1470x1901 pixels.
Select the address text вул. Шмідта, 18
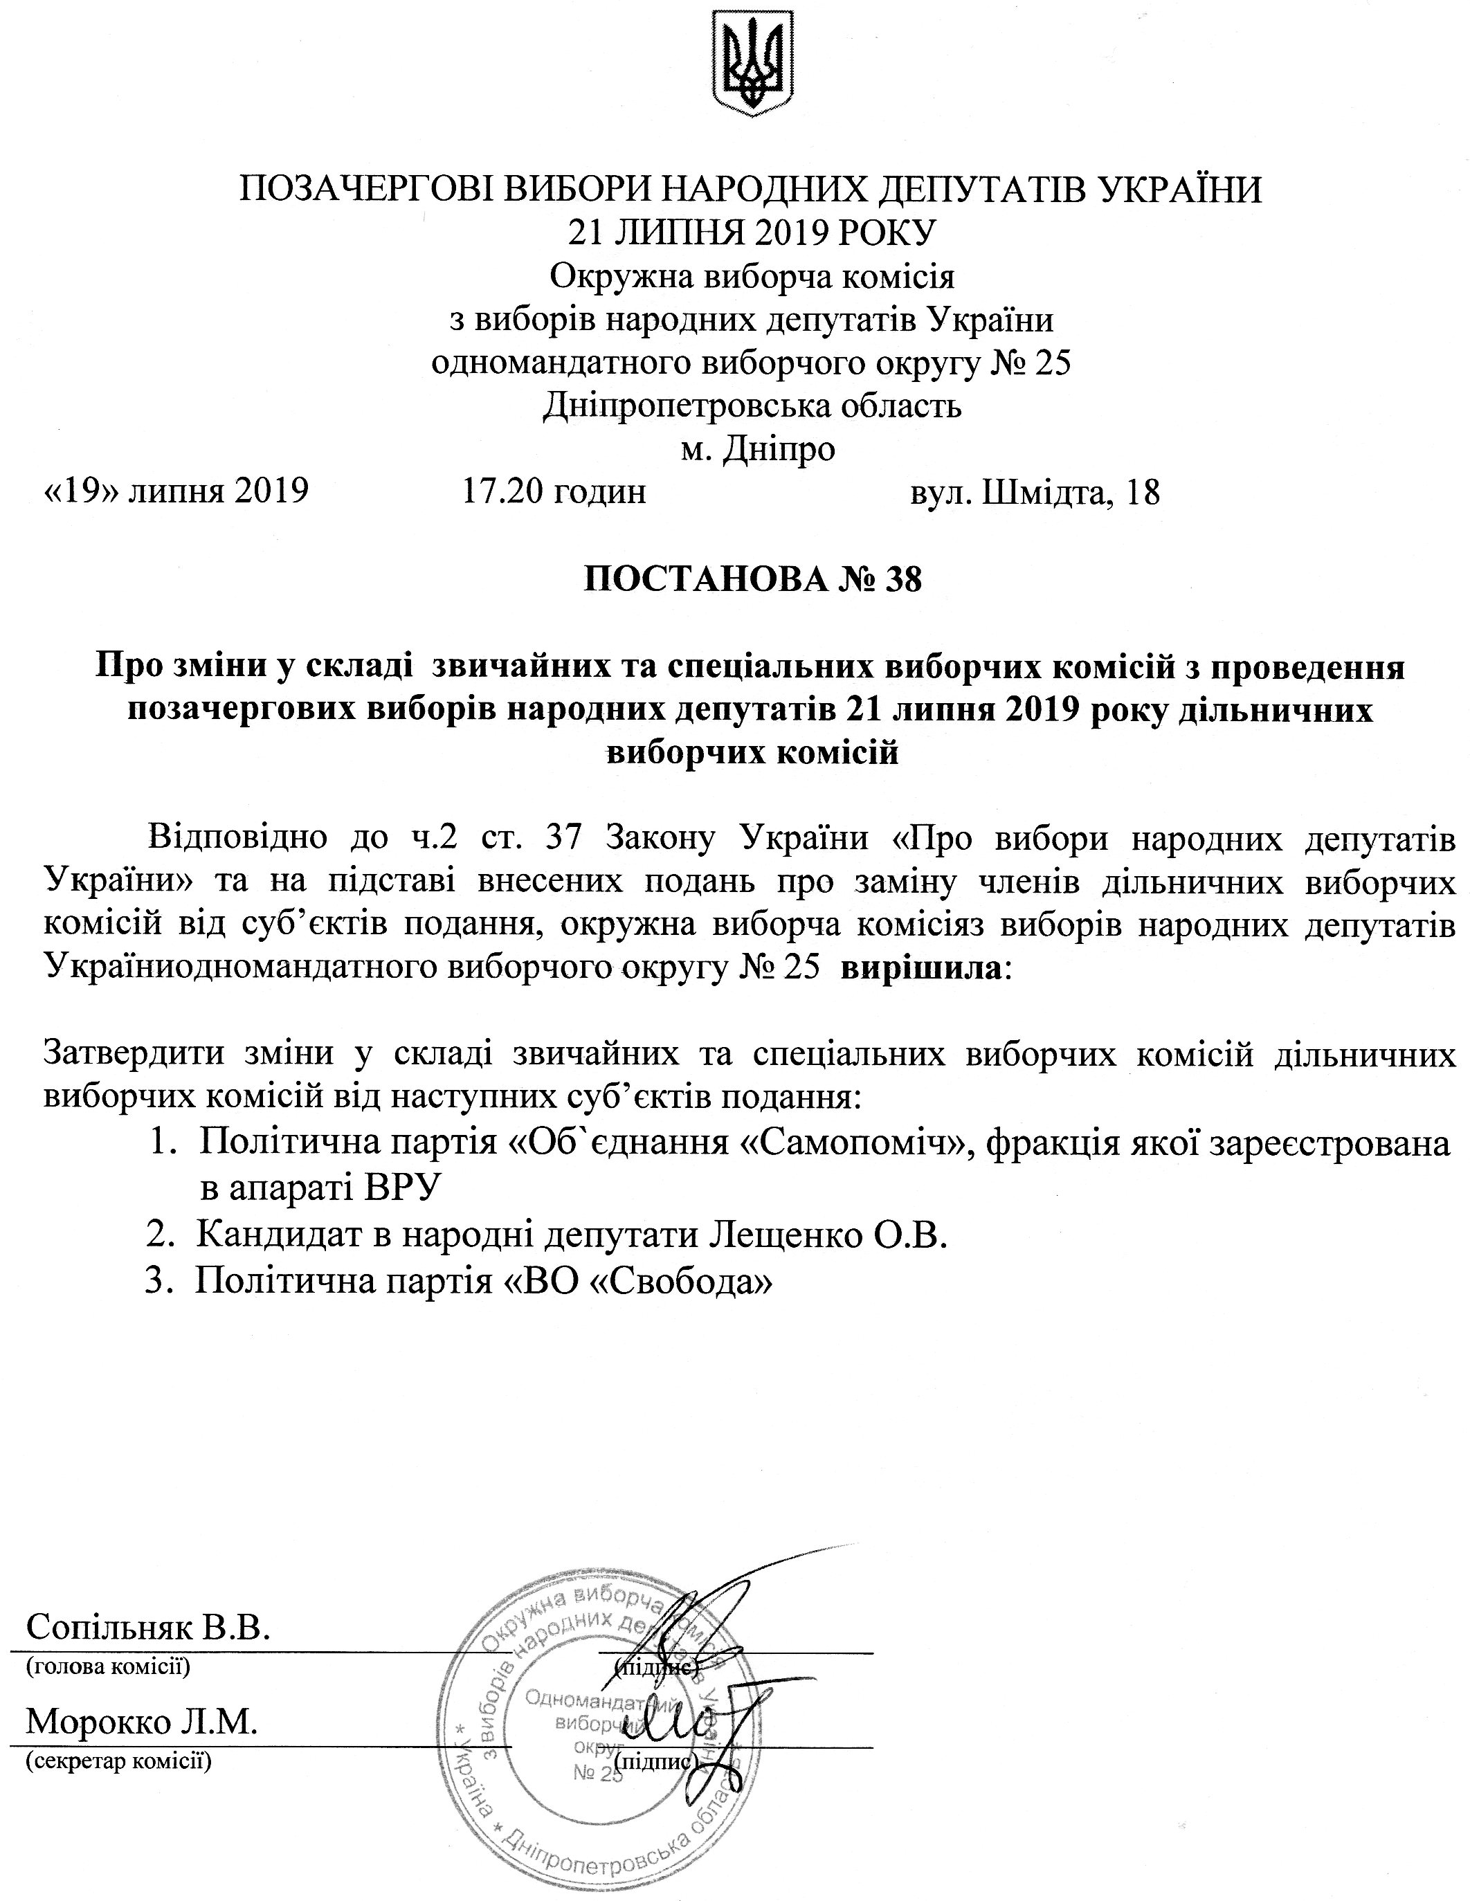click(x=1035, y=493)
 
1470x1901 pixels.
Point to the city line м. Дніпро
click(x=757, y=449)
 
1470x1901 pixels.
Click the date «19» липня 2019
click(x=176, y=493)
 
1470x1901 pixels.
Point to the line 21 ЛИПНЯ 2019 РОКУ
click(x=751, y=233)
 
